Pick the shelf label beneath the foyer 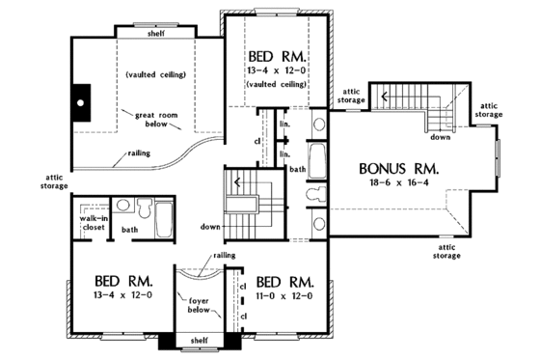coord(199,340)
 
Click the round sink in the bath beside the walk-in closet coord(121,205)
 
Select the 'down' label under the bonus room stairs coord(441,136)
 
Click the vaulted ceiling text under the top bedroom coord(278,84)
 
